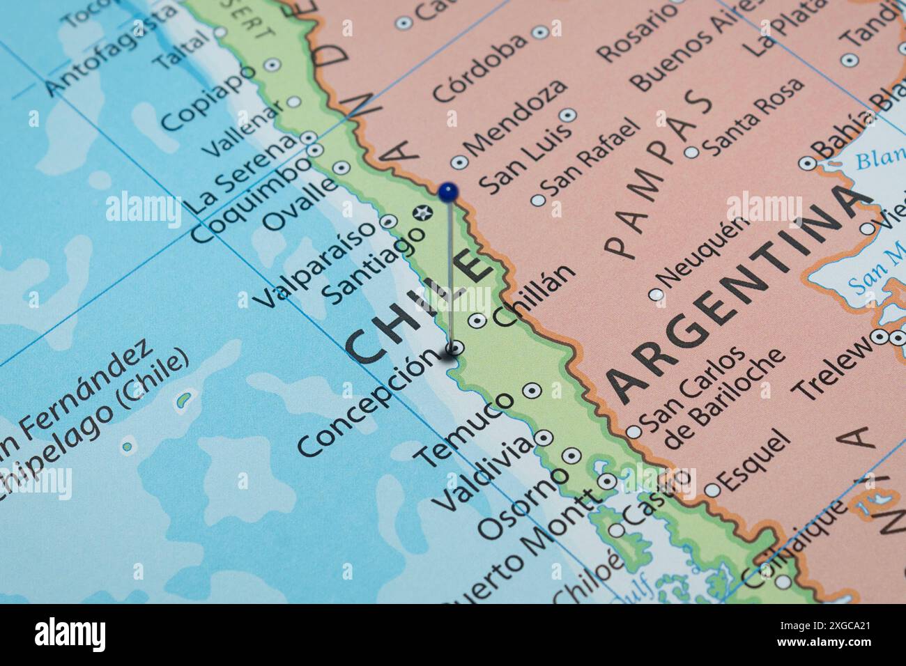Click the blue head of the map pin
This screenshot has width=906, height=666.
(448, 190)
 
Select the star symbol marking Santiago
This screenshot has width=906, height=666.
(421, 213)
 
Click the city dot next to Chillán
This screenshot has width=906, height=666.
(477, 320)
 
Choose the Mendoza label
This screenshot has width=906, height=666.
(516, 119)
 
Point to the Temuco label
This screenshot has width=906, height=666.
(466, 429)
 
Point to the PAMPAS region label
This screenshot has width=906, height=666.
(659, 174)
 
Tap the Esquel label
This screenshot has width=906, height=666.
(755, 459)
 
